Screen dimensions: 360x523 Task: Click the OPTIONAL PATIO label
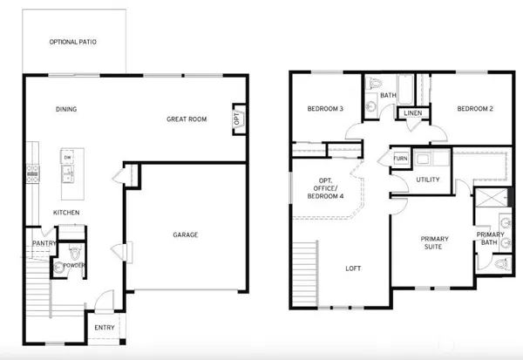[74, 42]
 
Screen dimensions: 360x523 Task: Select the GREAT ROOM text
[187, 119]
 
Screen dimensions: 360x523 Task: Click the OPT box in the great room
[236, 119]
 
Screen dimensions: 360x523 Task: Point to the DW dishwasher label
[67, 158]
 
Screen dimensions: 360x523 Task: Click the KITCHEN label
[67, 213]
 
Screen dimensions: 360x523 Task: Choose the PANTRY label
[44, 243]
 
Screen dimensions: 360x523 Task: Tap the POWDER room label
[73, 265]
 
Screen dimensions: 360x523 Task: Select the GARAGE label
[186, 234]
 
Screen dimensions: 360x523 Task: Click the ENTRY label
[105, 328]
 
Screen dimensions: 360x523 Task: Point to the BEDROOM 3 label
[325, 109]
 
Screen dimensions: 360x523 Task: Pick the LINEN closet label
[412, 113]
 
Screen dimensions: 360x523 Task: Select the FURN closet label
[400, 159]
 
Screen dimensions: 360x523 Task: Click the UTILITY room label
[428, 180]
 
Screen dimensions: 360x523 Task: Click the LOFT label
[353, 268]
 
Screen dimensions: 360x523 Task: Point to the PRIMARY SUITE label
[434, 243]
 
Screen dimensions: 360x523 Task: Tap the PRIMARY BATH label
[492, 239]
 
